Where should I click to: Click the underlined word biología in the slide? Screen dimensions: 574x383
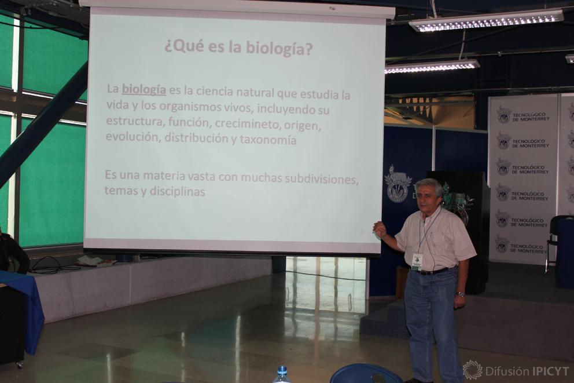click(x=144, y=89)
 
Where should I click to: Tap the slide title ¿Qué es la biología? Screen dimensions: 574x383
click(x=238, y=48)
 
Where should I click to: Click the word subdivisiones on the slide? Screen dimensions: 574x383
click(x=321, y=179)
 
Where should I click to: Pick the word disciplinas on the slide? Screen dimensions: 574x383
click(x=177, y=192)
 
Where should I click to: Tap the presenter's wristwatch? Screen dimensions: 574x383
click(x=460, y=294)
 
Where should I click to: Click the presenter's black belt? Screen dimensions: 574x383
click(x=433, y=271)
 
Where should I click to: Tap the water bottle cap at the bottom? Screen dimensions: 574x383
click(x=282, y=370)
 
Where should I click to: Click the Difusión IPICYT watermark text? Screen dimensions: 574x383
click(x=527, y=371)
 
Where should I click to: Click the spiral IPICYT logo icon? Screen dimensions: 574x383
click(x=472, y=370)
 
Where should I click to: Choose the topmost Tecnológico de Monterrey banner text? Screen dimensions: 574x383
click(x=531, y=116)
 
